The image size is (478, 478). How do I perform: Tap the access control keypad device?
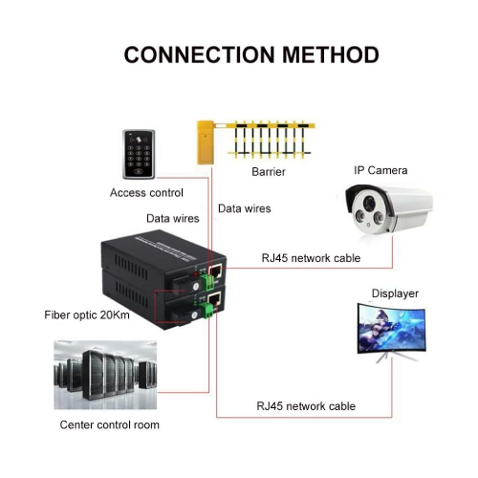tap(141, 152)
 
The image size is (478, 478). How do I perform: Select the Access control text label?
tap(146, 192)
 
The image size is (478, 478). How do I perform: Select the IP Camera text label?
tap(380, 170)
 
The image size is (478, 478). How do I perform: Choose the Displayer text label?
tap(394, 294)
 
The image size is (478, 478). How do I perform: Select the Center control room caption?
tap(110, 424)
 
